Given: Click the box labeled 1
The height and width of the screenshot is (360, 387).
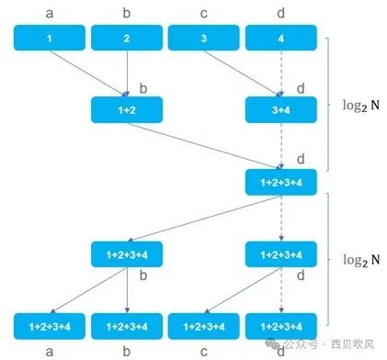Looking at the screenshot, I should [49, 39].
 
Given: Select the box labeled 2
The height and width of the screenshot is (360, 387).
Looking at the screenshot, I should [127, 39].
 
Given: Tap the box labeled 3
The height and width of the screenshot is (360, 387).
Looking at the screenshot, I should [204, 39].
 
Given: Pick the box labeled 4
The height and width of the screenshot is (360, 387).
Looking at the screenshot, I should [281, 39].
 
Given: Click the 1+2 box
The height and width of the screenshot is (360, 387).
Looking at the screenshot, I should [127, 110].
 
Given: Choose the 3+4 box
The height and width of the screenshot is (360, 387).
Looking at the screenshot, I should [281, 110].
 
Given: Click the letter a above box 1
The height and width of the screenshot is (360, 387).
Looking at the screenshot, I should [49, 11].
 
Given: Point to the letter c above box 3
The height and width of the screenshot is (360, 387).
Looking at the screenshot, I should [204, 11].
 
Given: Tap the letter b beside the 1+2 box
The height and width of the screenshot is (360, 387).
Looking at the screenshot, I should [142, 88].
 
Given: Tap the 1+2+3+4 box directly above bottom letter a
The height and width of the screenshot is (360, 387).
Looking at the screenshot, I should [49, 325].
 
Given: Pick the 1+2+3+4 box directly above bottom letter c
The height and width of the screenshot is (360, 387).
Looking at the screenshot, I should [204, 325].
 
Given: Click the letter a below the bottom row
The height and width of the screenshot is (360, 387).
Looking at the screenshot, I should [49, 350].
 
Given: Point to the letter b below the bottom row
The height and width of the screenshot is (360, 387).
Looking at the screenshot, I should [127, 350].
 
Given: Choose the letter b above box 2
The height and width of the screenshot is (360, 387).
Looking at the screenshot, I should [127, 11].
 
